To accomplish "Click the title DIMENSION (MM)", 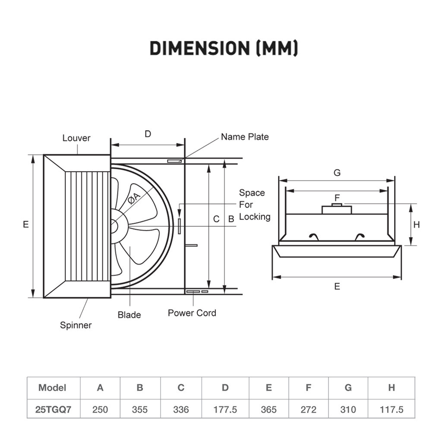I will coord(224,48).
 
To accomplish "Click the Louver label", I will coord(76,138).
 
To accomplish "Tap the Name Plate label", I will coord(244,137).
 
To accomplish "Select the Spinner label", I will coord(76,325).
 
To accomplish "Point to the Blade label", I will coord(129,315).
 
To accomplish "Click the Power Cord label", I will coord(192,313).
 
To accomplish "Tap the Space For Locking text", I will coord(254,205).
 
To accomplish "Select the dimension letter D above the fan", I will coord(148,134).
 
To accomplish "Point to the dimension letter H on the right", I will coord(417,224).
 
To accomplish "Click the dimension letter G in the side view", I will coord(337,173).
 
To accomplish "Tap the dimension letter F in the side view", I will coord(337,198).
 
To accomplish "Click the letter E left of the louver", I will coord(26,224).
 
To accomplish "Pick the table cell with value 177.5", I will coord(225,409).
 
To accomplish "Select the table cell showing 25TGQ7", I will coord(53,409).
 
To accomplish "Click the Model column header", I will coord(52,388).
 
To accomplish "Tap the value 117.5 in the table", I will coord(391,409).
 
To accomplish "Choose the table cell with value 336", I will coord(180,409).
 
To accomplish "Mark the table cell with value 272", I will coord(308,409).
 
